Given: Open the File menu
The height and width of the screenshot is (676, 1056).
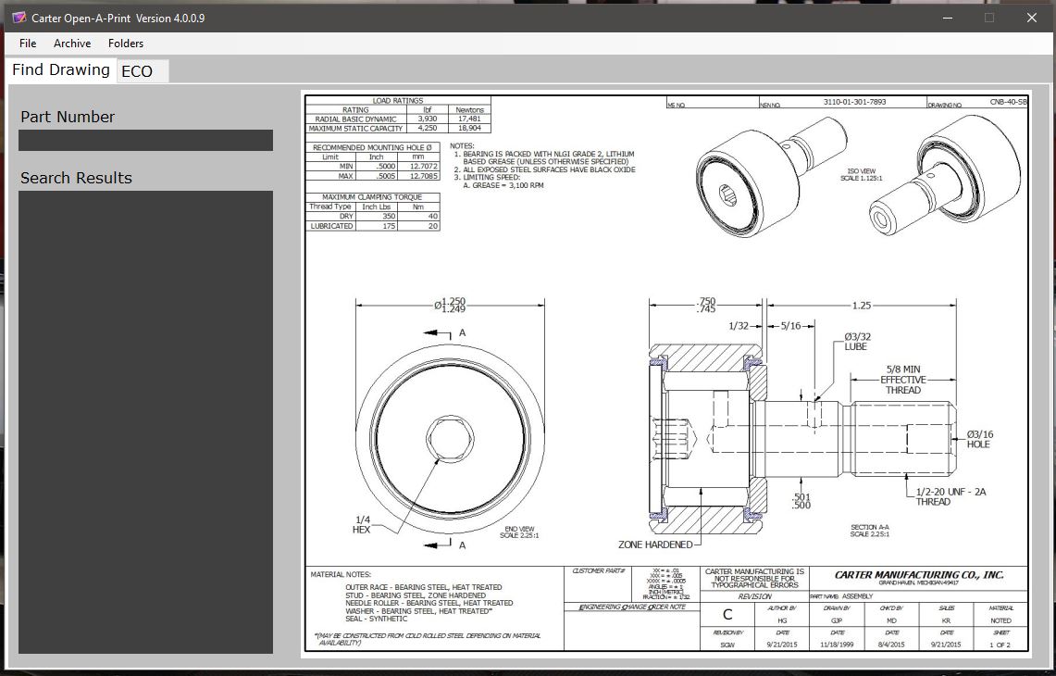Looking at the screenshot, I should (x=28, y=44).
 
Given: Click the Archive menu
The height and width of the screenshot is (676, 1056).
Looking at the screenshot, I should (x=72, y=44).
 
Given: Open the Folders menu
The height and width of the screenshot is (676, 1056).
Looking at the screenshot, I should (x=126, y=44).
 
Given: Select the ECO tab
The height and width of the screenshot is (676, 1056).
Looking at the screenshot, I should (x=137, y=71).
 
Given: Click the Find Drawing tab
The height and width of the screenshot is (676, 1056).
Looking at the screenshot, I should (x=61, y=70).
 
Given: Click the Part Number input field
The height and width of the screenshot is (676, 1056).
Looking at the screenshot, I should (x=145, y=140).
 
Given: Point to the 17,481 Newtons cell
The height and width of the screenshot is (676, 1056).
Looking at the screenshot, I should (x=469, y=119).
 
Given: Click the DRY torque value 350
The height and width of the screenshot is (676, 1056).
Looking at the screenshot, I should (x=389, y=216).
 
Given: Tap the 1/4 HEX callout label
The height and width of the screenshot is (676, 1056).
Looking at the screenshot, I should (x=362, y=524).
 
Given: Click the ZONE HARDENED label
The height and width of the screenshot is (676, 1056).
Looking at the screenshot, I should (x=654, y=545).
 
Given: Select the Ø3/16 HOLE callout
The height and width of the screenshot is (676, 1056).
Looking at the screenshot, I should (x=979, y=439).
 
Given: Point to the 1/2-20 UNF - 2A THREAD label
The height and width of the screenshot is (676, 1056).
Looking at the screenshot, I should (x=950, y=496).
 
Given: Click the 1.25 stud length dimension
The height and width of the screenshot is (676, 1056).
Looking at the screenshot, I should (x=861, y=306).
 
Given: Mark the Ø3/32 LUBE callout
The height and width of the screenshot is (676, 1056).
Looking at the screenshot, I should (x=855, y=341).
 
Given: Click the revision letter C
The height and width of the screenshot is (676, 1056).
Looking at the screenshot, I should (x=727, y=614).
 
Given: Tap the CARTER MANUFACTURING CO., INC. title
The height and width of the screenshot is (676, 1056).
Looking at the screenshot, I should (x=918, y=574).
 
